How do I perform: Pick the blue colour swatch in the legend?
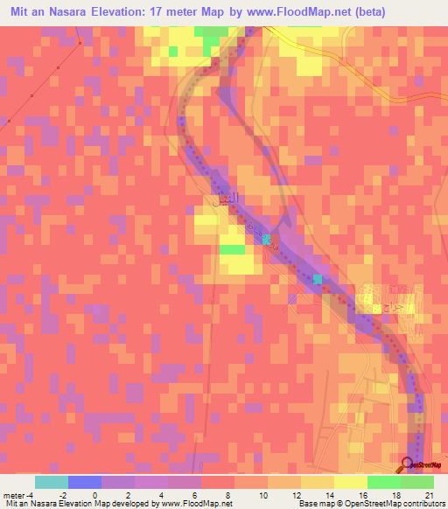click(85, 482)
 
